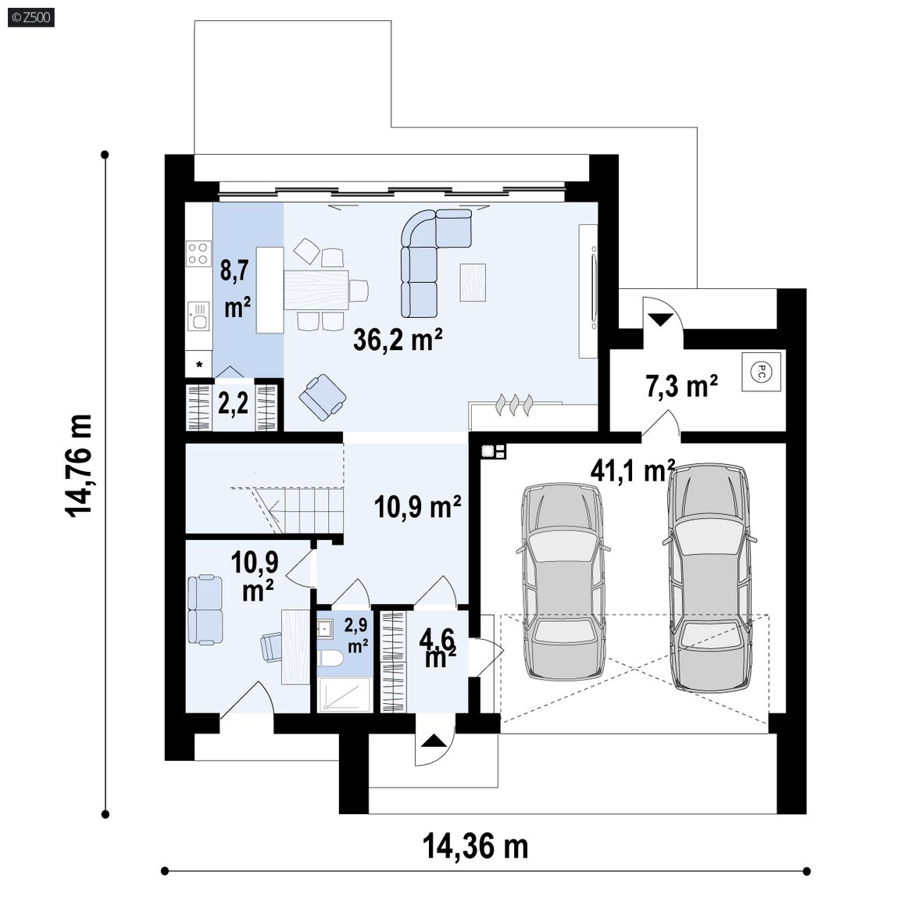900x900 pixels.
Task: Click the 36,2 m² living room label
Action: tap(397, 339)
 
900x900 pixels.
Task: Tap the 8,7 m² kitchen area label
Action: tap(236, 289)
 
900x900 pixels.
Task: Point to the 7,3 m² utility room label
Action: tap(681, 386)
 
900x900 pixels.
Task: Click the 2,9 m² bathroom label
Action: tap(356, 635)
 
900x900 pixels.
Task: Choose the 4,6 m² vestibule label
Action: tap(440, 648)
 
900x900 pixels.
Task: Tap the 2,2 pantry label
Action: tap(233, 403)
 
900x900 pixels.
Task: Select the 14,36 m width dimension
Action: tap(475, 847)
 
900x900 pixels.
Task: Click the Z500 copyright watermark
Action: tap(31, 17)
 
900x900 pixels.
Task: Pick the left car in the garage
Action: tap(562, 581)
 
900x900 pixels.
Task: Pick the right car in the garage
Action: tap(709, 577)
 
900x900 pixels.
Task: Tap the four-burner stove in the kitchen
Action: tap(198, 254)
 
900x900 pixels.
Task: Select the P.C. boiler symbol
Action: tap(761, 371)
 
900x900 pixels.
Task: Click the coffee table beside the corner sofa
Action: tap(473, 282)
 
